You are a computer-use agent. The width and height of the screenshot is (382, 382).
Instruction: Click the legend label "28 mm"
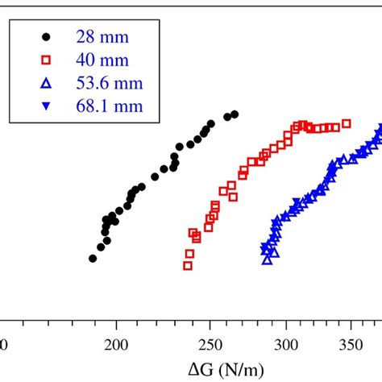(x=98, y=36)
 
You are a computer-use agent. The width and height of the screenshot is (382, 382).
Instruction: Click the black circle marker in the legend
(x=46, y=36)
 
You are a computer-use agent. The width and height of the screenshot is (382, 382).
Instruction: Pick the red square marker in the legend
(x=46, y=60)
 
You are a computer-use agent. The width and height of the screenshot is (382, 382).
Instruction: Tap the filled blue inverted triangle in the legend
(x=46, y=106)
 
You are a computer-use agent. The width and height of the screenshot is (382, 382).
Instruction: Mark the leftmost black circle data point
(x=93, y=259)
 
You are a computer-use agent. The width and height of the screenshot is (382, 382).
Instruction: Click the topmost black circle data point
(x=235, y=114)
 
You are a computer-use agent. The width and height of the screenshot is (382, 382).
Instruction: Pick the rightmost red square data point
(x=347, y=123)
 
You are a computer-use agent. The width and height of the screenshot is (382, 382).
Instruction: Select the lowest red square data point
(x=188, y=264)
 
